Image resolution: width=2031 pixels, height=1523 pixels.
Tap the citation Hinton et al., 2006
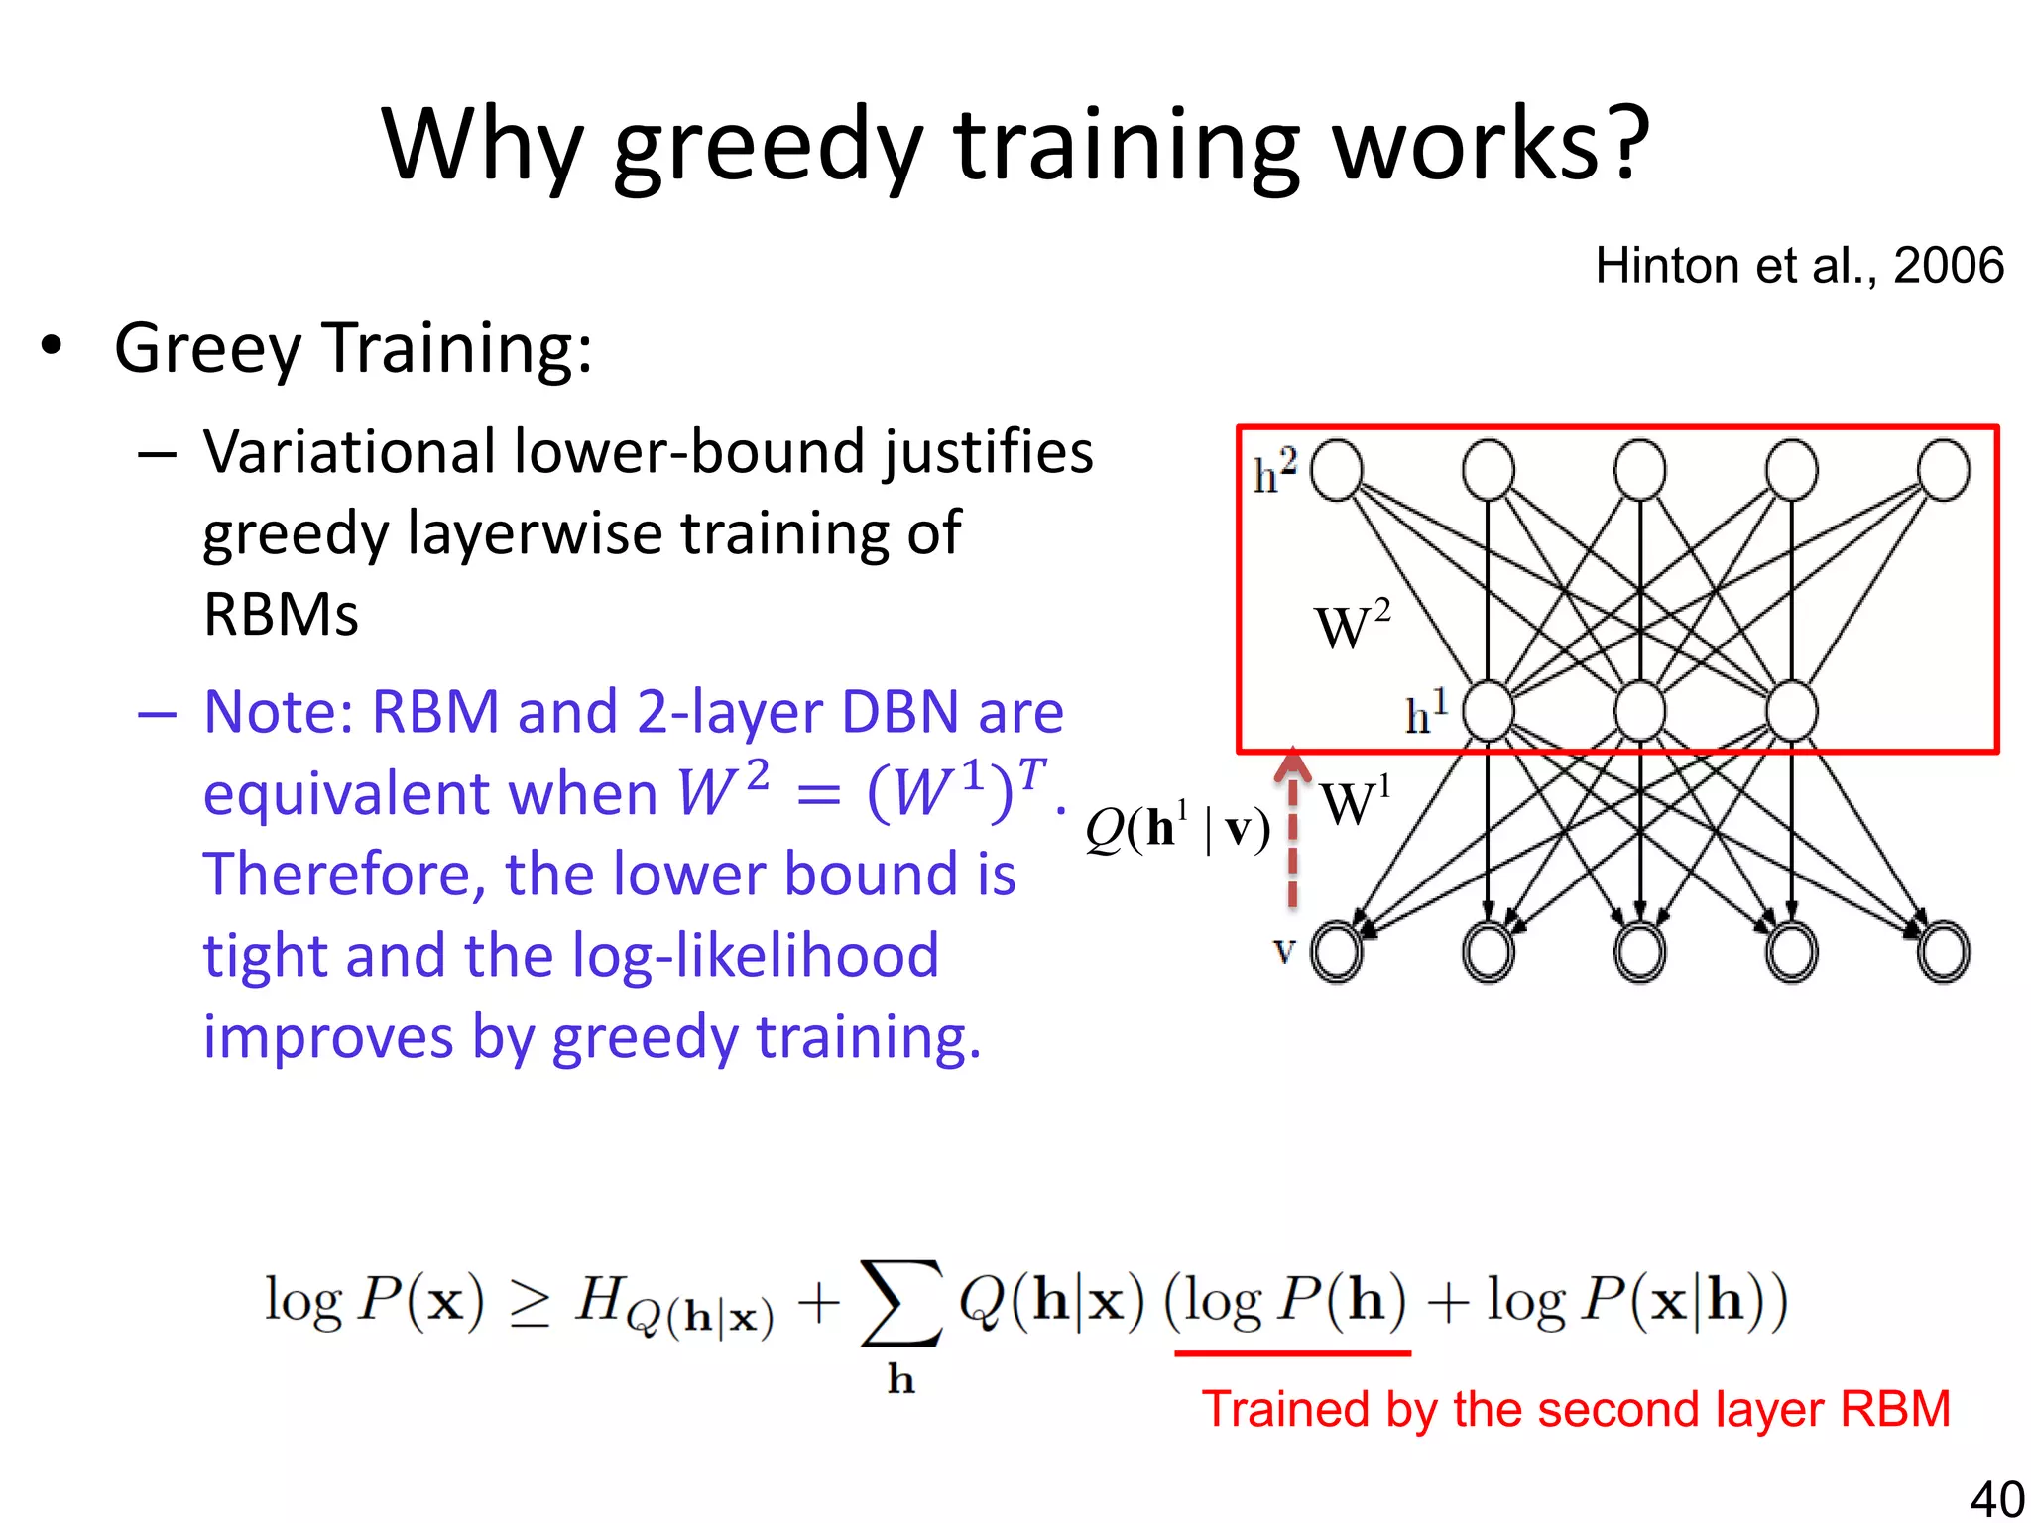pos(1799,266)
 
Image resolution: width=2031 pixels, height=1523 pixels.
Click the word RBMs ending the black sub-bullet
pos(281,615)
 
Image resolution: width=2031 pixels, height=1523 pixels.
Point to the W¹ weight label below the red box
pos(1355,802)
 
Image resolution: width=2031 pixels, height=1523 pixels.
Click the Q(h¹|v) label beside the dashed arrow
pos(1177,829)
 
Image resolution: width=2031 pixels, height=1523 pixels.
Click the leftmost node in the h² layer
pos(1337,470)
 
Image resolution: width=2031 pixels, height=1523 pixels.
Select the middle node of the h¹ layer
pos(1639,711)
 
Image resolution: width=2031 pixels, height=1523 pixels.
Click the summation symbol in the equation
pos(900,1303)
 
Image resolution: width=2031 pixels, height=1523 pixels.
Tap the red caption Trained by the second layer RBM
pos(1576,1409)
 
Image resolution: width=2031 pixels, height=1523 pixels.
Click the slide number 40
pos(1996,1498)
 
